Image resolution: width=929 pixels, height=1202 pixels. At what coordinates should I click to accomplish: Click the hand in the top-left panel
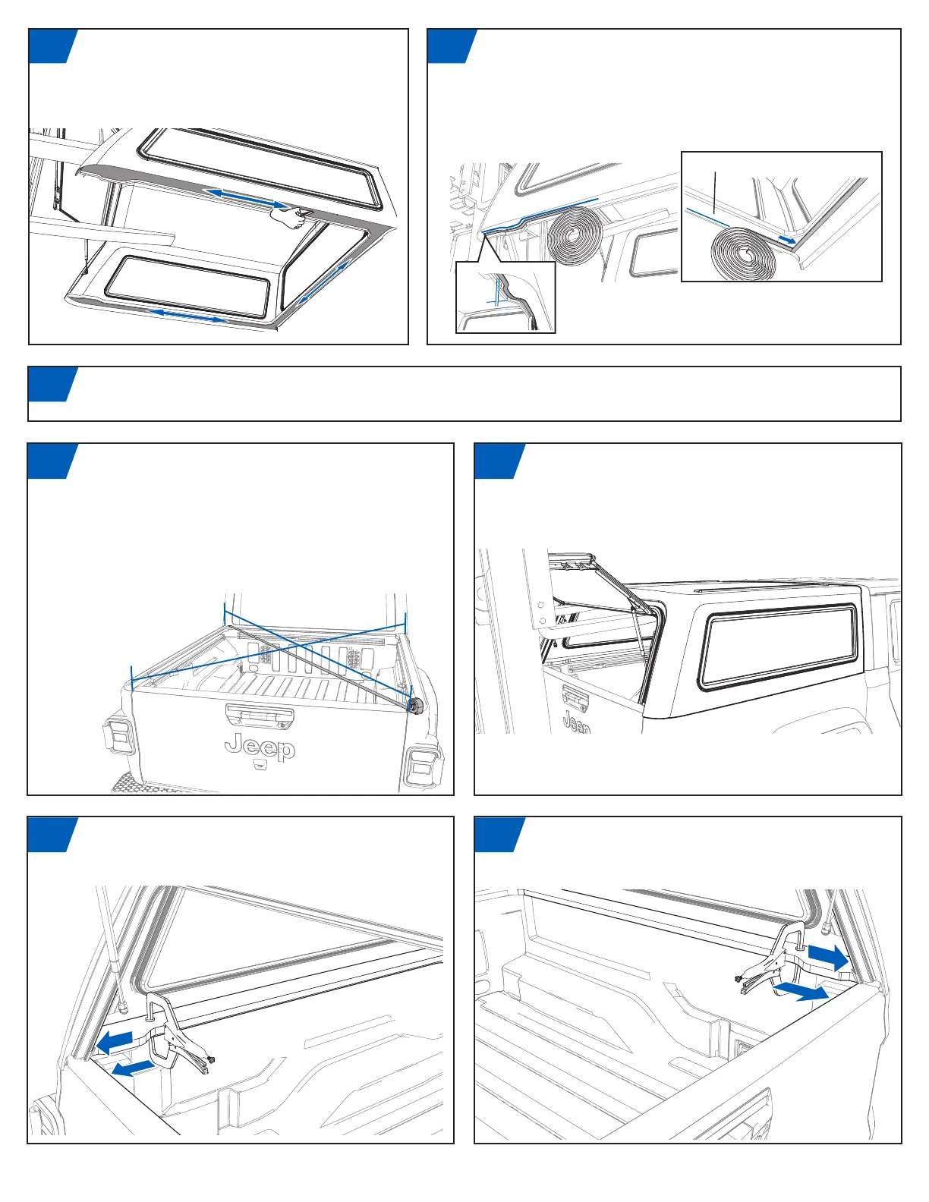click(292, 217)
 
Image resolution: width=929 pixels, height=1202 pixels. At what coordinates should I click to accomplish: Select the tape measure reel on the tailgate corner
click(415, 705)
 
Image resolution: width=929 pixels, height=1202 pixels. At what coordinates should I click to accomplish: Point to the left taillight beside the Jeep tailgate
click(119, 738)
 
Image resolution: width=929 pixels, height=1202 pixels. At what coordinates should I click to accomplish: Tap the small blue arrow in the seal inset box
click(787, 239)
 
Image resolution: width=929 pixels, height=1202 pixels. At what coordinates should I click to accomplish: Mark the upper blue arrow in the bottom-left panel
click(115, 1043)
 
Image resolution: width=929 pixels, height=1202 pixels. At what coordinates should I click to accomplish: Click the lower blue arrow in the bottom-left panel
click(133, 1068)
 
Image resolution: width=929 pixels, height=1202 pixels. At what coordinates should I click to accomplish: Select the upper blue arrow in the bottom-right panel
click(828, 958)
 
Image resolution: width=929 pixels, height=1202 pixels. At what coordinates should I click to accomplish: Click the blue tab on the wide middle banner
click(52, 384)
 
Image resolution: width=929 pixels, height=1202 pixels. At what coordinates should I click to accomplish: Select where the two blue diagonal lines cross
click(300, 645)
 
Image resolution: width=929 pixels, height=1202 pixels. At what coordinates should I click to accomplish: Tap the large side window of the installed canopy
click(779, 647)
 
